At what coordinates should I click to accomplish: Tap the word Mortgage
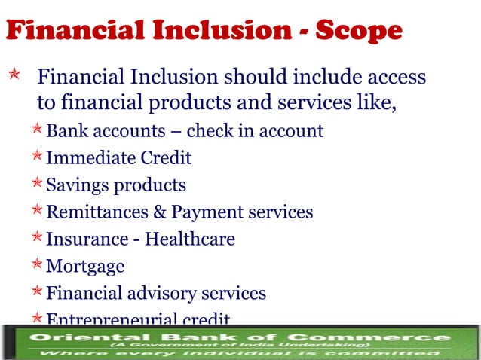point(85,266)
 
